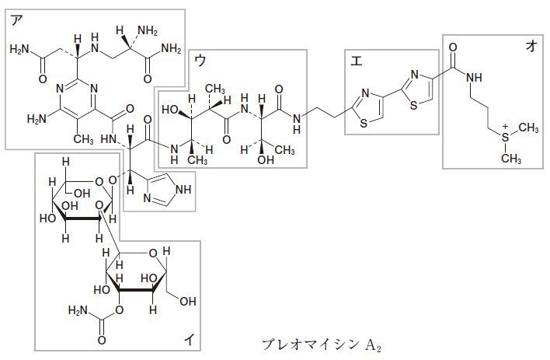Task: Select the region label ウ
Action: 201,60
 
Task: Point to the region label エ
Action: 355,61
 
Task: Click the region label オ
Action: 531,46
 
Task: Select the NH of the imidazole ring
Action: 183,189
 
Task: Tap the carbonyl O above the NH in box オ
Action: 453,46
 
